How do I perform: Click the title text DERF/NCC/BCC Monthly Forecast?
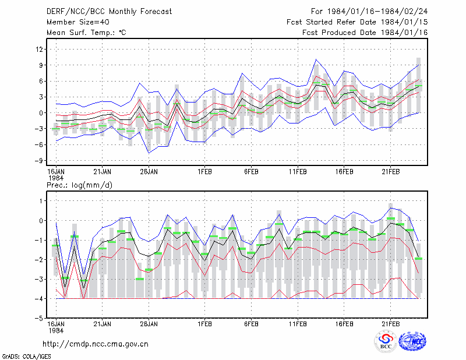tap(109, 12)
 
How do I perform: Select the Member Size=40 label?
tap(78, 22)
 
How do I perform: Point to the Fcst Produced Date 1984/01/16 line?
tap(365, 33)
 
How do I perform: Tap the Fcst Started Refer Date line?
tap(357, 22)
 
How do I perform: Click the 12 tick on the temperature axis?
tap(40, 49)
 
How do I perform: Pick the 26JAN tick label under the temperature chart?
tap(149, 172)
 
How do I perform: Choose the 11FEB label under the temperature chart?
tap(298, 172)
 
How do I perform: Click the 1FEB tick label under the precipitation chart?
tap(204, 324)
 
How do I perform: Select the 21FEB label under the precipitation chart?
tap(390, 324)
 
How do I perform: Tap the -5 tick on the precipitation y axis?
tap(38, 318)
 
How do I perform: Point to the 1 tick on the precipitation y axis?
tap(41, 201)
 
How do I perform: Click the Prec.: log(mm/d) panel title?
tap(79, 185)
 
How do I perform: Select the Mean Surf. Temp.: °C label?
tap(86, 33)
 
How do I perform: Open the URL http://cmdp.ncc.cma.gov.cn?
tap(96, 344)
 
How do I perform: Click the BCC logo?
tap(386, 341)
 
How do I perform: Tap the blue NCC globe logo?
tap(412, 341)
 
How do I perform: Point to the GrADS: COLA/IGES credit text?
tap(26, 357)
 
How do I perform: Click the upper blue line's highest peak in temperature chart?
tap(316, 59)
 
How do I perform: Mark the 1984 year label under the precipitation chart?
tap(56, 330)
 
